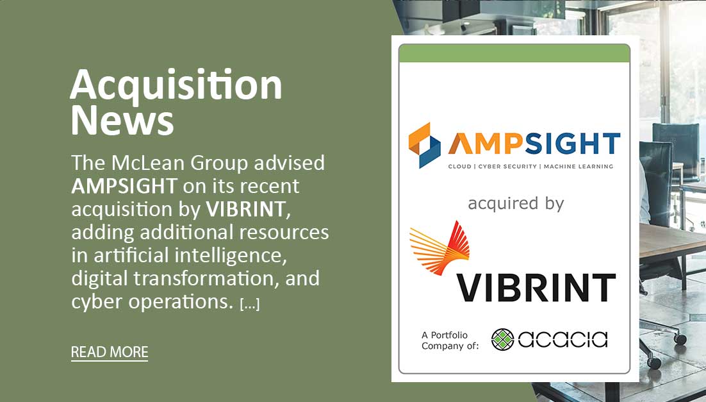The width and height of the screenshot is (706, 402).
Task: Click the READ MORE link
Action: coord(110,352)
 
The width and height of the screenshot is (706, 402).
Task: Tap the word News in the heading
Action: coord(122,120)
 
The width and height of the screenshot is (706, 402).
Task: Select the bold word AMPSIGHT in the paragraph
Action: coord(124,186)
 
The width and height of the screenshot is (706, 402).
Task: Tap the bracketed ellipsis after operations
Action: coord(250,304)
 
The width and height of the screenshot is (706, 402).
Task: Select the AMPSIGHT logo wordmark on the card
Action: coord(534,144)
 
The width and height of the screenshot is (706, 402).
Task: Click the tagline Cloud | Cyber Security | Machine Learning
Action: coord(531,167)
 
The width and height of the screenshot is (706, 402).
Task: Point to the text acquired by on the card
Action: coord(516,204)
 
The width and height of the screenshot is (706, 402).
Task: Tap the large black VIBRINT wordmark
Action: coord(536,287)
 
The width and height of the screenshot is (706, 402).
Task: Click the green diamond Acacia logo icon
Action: coord(503,339)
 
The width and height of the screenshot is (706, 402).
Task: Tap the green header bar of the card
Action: coord(514,53)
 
